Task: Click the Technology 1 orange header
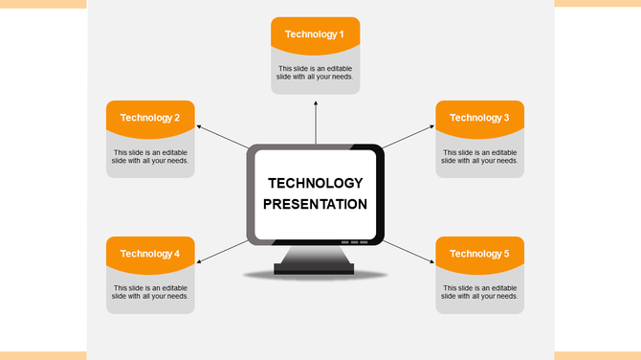[315, 34]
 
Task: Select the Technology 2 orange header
[150, 118]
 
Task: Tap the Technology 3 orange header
[479, 118]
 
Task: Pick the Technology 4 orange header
[150, 254]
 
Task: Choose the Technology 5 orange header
[479, 254]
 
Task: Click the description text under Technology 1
[315, 72]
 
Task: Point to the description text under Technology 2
[150, 156]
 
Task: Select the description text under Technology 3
[479, 156]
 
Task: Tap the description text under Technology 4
[150, 292]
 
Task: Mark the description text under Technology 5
[479, 292]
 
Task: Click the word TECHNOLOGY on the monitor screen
[315, 183]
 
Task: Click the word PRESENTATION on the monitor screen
[315, 204]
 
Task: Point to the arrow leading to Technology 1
[315, 120]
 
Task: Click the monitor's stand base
[314, 269]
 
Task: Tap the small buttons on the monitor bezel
[353, 242]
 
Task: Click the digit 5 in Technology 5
[506, 254]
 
